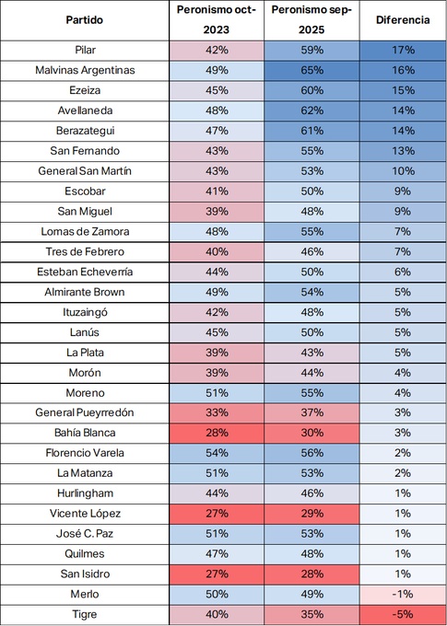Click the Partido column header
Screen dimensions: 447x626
coord(85,20)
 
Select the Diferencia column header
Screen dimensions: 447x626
coord(403,20)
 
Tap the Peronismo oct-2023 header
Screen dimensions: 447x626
coord(217,20)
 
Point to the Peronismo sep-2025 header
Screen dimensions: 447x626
coord(312,20)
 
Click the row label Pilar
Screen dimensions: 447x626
coord(85,50)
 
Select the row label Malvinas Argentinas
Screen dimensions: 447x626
coord(85,70)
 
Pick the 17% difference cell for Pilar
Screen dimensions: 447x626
coord(403,51)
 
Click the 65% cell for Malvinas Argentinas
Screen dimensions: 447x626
coord(312,71)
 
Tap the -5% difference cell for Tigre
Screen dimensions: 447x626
coord(403,614)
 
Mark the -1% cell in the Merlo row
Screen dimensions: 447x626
coord(403,595)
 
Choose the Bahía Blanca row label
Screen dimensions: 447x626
coord(85,433)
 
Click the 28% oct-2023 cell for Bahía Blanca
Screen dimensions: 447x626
coord(217,434)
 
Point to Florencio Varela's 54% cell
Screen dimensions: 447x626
coord(217,453)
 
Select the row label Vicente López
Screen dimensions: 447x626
coord(85,514)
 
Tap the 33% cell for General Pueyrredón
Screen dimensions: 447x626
coord(217,412)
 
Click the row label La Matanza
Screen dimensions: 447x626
coord(85,473)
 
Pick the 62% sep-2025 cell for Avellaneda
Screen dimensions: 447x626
coord(312,110)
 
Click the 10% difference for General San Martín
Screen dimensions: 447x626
coord(403,171)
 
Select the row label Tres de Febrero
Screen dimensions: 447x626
coord(85,252)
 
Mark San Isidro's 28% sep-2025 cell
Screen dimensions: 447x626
coord(312,574)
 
